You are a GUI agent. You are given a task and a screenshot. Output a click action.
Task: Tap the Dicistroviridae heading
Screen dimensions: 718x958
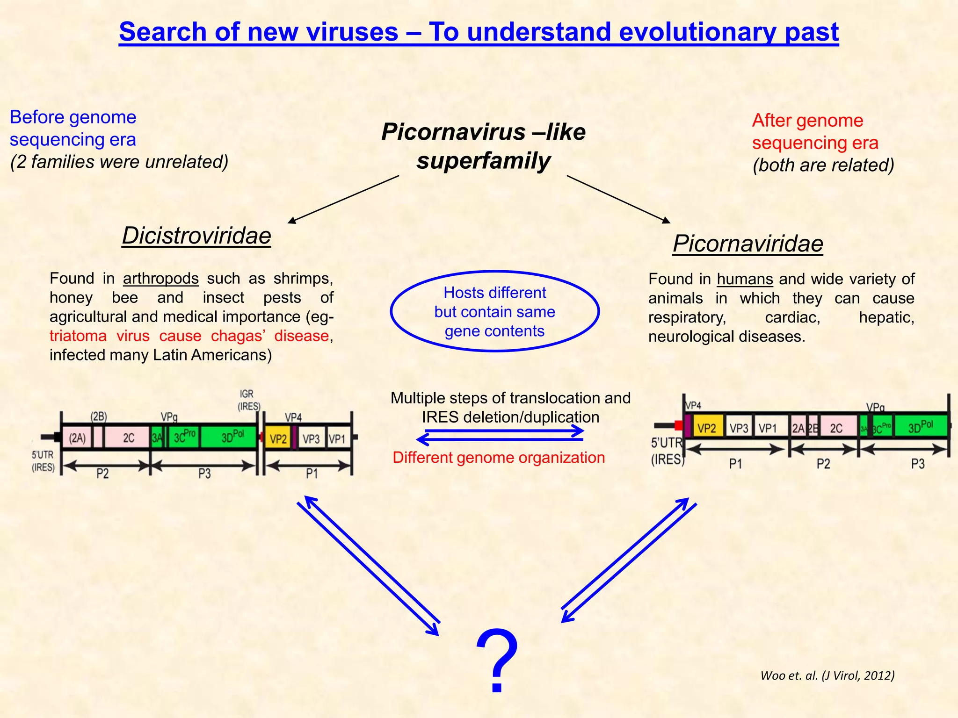pyautogui.click(x=196, y=236)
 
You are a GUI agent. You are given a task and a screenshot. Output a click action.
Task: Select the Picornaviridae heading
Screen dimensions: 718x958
pyautogui.click(x=748, y=244)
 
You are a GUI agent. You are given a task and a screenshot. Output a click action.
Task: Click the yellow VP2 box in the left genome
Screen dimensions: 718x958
pyautogui.click(x=278, y=439)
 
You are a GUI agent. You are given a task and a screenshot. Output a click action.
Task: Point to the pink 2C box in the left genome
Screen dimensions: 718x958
pyautogui.click(x=128, y=438)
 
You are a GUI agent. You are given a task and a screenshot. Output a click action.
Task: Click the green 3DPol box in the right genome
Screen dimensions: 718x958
pyautogui.click(x=920, y=427)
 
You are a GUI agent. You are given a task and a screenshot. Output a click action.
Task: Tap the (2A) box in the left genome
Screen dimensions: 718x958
pyautogui.click(x=77, y=438)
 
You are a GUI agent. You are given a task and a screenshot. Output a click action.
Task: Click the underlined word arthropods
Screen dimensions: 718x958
pyautogui.click(x=160, y=279)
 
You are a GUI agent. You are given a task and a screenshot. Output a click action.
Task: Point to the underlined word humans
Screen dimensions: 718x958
pyautogui.click(x=745, y=279)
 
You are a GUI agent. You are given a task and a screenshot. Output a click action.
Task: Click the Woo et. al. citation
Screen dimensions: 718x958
pyautogui.click(x=827, y=675)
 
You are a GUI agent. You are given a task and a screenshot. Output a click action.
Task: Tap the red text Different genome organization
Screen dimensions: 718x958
pyautogui.click(x=499, y=457)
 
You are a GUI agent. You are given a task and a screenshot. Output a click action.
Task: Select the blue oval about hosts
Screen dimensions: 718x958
pyautogui.click(x=494, y=311)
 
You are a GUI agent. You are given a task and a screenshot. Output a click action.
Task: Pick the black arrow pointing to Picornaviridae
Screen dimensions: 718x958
pyautogui.click(x=618, y=199)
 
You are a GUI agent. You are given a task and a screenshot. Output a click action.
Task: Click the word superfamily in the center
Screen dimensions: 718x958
pyautogui.click(x=483, y=161)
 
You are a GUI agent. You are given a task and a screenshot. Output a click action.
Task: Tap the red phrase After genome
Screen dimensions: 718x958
pyautogui.click(x=807, y=121)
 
